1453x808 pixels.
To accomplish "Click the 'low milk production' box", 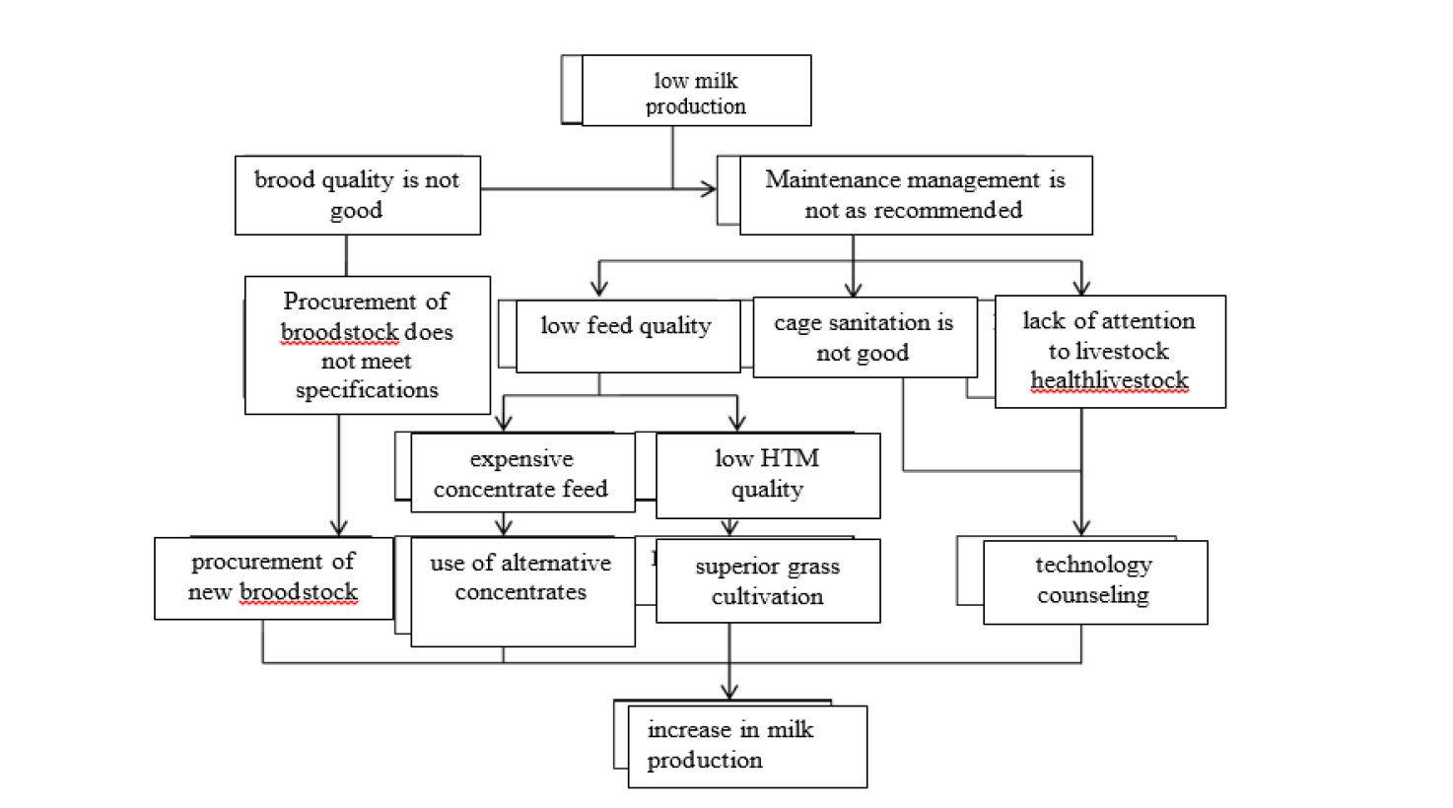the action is (696, 90).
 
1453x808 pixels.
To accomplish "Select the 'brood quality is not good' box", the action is (358, 194).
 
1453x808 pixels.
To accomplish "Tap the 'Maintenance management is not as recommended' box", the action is (916, 194).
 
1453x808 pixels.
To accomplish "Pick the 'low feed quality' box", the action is (628, 336).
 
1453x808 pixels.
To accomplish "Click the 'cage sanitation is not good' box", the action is (865, 337).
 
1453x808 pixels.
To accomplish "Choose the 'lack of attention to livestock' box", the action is (1110, 352).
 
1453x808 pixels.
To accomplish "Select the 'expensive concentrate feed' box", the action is (522, 473).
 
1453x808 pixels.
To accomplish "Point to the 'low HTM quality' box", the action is (768, 475).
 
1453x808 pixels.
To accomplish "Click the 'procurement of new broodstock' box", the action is (274, 577).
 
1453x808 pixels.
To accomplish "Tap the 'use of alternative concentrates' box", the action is (522, 591).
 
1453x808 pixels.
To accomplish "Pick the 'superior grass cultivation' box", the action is (768, 580).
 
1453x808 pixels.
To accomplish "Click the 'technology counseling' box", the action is (1095, 582).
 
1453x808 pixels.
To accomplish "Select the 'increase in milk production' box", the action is (747, 746).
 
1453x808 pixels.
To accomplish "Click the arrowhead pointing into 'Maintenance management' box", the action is (709, 189).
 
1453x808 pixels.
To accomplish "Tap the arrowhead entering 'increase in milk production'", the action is (729, 692).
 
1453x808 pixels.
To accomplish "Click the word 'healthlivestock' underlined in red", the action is (1109, 380).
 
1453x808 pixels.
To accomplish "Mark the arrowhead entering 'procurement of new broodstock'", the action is (338, 527).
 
